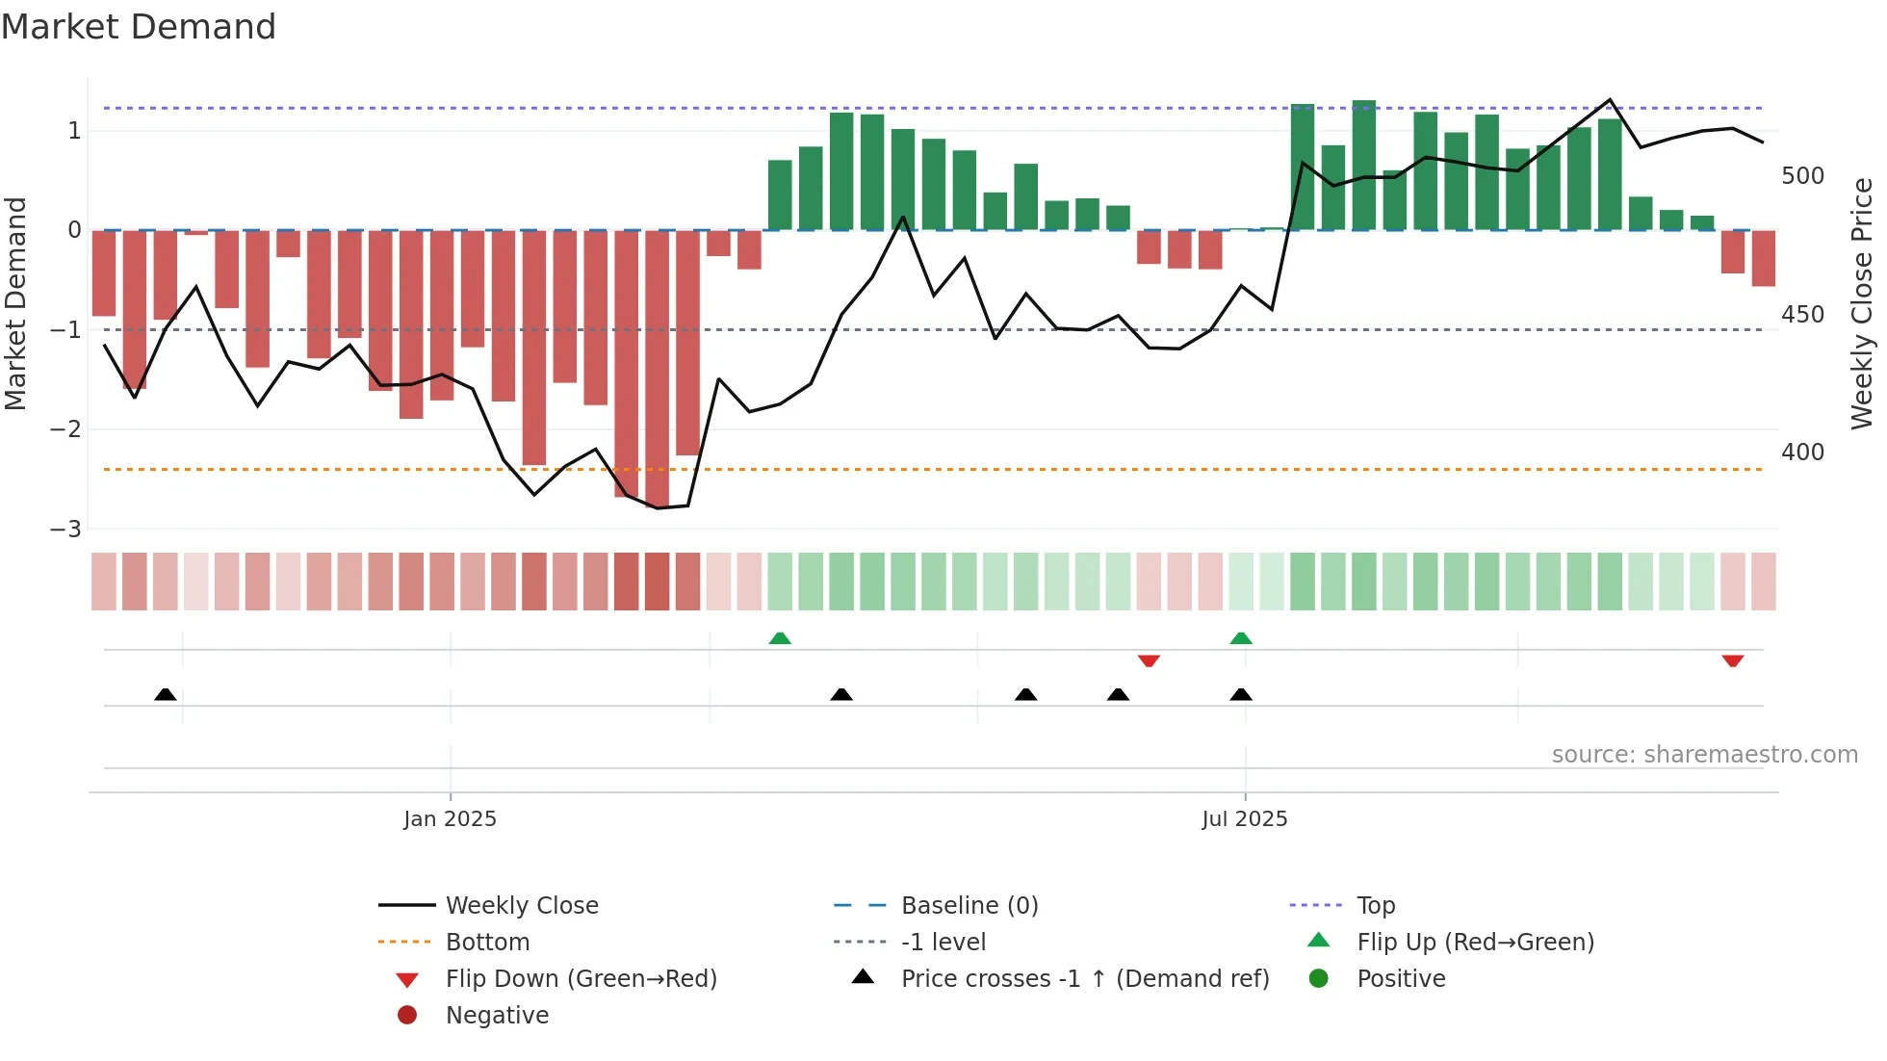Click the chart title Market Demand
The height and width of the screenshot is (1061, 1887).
(x=139, y=27)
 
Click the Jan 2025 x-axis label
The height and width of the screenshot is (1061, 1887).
(x=450, y=819)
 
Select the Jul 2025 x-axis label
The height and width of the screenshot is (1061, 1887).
(x=1244, y=819)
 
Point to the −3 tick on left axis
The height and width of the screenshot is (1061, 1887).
(x=65, y=529)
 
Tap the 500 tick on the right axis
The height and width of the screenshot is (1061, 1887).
(x=1802, y=176)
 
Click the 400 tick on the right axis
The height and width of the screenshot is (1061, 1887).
(x=1802, y=452)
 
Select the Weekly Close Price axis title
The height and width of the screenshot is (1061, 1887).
(x=1862, y=303)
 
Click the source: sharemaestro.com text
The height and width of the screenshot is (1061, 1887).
(x=1704, y=755)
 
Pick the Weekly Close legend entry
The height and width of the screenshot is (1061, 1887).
(x=521, y=906)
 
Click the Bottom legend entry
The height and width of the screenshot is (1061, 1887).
(x=487, y=943)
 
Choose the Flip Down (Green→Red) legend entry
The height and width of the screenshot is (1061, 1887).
(x=581, y=979)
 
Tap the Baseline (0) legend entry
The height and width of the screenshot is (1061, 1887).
(x=969, y=906)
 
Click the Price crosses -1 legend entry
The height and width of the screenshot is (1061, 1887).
(x=1084, y=979)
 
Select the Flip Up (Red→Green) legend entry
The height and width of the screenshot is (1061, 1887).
(x=1475, y=943)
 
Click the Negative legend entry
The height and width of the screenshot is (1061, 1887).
(x=497, y=1016)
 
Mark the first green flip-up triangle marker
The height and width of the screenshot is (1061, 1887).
(x=780, y=638)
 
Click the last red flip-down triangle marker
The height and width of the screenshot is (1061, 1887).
(x=1733, y=660)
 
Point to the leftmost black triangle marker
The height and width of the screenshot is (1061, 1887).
(x=166, y=694)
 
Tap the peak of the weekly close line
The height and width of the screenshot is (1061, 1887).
(x=1610, y=100)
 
